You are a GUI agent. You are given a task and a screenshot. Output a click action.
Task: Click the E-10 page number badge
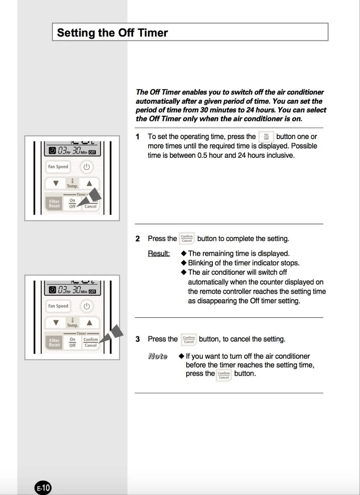pyautogui.click(x=43, y=487)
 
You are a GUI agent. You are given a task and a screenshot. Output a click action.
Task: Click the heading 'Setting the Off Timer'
pyautogui.click(x=112, y=33)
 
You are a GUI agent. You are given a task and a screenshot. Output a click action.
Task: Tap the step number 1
pyautogui.click(x=138, y=137)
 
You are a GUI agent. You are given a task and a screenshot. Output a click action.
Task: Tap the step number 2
pyautogui.click(x=138, y=238)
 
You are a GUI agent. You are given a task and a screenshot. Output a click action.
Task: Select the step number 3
pyautogui.click(x=138, y=339)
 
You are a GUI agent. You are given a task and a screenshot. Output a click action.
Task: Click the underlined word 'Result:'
pyautogui.click(x=159, y=254)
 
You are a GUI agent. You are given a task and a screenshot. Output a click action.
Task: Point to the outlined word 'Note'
pyautogui.click(x=158, y=356)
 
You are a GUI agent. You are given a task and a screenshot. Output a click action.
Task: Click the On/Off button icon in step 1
pyautogui.click(x=266, y=137)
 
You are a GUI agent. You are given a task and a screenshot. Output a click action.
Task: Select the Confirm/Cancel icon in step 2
pyautogui.click(x=186, y=238)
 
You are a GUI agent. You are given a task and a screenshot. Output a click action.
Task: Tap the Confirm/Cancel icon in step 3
pyautogui.click(x=189, y=340)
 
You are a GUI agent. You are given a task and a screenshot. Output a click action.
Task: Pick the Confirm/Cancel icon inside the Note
pyautogui.click(x=224, y=375)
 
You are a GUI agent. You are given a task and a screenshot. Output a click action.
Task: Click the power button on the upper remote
pyautogui.click(x=86, y=166)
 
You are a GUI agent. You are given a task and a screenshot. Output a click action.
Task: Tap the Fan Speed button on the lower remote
pyautogui.click(x=58, y=306)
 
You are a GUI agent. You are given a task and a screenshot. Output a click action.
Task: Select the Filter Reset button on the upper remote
pyautogui.click(x=54, y=204)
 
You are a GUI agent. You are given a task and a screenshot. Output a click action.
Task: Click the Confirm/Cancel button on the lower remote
pyautogui.click(x=91, y=342)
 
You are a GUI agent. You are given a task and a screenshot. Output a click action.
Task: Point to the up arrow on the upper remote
pyautogui.click(x=89, y=183)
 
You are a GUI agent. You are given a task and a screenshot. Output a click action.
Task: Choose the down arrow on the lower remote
pyautogui.click(x=56, y=323)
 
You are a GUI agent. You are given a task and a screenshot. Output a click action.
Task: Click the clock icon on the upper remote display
pyautogui.click(x=52, y=151)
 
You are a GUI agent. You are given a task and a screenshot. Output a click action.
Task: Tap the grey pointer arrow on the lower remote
pyautogui.click(x=111, y=334)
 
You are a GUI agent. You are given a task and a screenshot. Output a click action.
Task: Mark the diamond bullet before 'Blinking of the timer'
pyautogui.click(x=184, y=263)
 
